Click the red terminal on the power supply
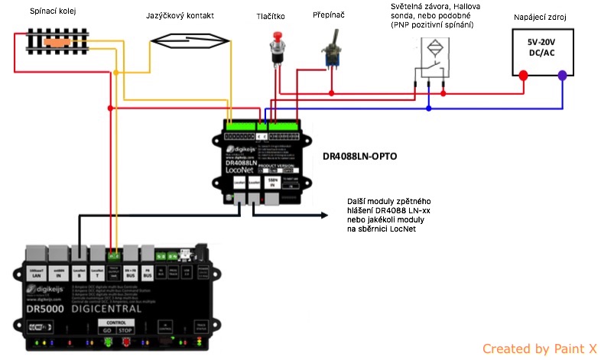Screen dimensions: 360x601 point(523,76)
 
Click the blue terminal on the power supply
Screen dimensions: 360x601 point(562,76)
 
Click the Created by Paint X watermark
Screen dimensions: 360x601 point(538,349)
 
